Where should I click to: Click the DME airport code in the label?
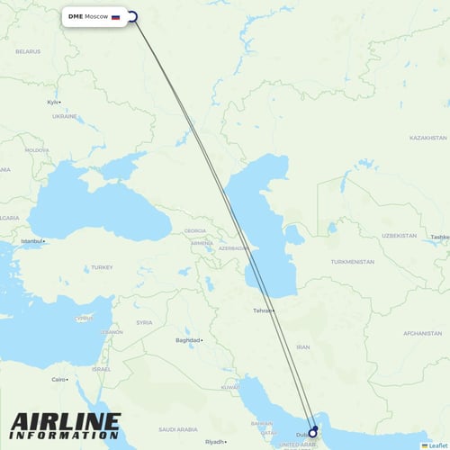[75, 16]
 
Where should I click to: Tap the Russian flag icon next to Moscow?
[115, 16]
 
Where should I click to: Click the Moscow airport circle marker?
[132, 16]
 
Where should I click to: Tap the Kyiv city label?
[53, 102]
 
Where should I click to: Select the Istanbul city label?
[32, 241]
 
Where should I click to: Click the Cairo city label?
[59, 379]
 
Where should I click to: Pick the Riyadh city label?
[214, 442]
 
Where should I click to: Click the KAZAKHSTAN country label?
[427, 138]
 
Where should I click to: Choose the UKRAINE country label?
[65, 116]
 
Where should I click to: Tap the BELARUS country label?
[29, 52]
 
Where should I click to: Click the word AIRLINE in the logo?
[66, 421]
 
